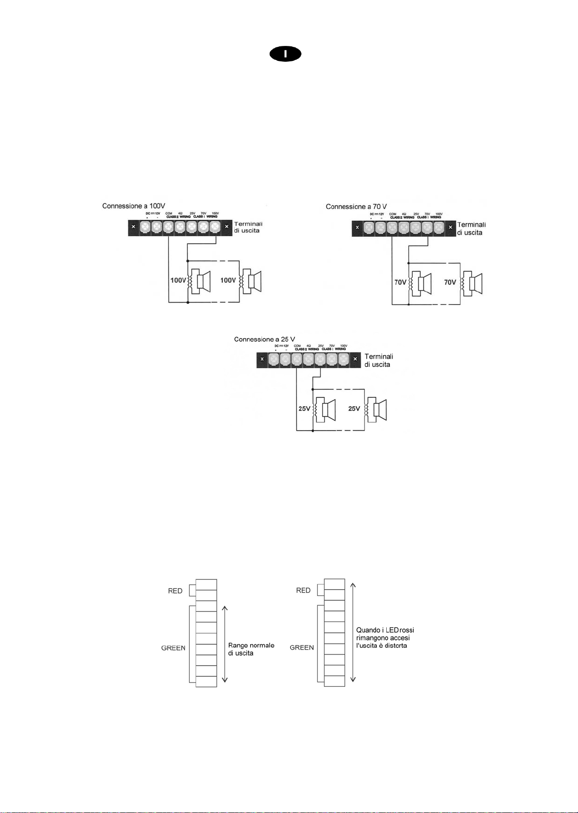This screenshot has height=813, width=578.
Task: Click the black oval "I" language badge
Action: [285, 55]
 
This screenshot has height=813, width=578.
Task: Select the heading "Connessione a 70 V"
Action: [356, 206]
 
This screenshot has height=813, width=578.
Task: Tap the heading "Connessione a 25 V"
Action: [265, 339]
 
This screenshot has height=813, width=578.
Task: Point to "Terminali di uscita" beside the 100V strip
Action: [248, 227]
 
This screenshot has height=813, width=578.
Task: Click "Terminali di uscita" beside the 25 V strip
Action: [379, 361]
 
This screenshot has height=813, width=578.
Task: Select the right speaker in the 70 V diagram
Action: [473, 283]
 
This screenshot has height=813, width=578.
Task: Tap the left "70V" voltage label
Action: [400, 282]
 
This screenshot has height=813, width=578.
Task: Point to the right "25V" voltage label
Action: [354, 408]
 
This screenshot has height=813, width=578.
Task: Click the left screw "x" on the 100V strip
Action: [133, 227]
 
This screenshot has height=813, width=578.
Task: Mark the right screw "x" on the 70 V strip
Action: [450, 227]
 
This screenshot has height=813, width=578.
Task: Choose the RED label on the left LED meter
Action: [175, 591]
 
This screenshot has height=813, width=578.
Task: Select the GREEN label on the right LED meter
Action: [302, 648]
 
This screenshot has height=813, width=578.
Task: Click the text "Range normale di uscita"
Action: [251, 649]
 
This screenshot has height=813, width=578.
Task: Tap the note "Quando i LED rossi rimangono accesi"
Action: [385, 638]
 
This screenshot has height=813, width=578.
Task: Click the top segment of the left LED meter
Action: [206, 584]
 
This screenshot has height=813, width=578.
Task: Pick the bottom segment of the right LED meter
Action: [334, 682]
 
